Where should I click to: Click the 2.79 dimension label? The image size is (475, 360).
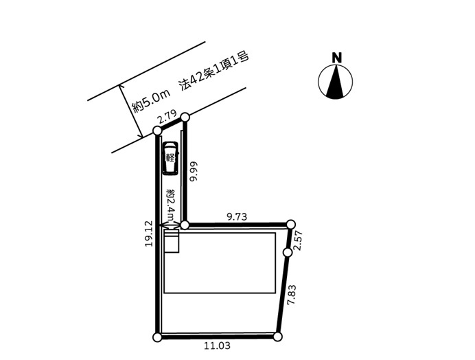coord(167,116)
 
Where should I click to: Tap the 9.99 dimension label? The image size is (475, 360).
coord(193,171)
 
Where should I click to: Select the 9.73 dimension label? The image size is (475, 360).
coord(237,216)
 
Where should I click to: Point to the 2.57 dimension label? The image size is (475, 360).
coord(299,240)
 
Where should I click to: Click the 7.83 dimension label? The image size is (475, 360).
coord(292,295)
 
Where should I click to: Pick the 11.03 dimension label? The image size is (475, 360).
coord(217,346)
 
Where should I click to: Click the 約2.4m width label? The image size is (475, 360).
coord(171,205)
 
